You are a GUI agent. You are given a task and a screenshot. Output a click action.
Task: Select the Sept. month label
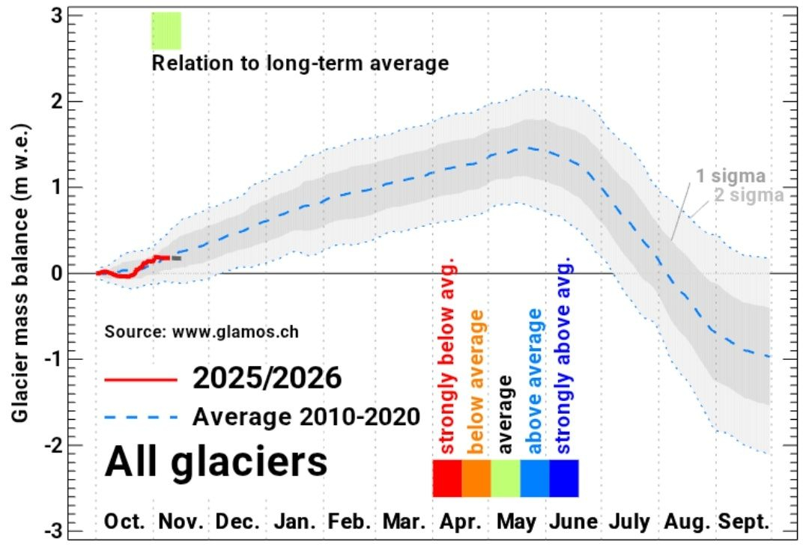[744, 522]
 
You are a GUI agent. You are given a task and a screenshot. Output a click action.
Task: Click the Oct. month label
[124, 522]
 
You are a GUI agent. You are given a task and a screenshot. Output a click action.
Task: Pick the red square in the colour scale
[447, 478]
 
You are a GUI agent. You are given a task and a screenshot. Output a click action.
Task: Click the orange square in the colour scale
[476, 478]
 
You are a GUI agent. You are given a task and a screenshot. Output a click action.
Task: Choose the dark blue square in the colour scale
[564, 478]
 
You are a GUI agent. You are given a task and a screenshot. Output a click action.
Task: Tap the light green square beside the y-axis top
[166, 31]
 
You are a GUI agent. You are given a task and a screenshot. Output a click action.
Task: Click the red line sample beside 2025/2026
[141, 379]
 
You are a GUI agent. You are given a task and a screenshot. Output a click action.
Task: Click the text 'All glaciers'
[216, 461]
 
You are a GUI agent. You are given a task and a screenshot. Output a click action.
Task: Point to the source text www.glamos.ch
[206, 330]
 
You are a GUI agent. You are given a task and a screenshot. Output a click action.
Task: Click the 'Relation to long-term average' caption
[300, 63]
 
